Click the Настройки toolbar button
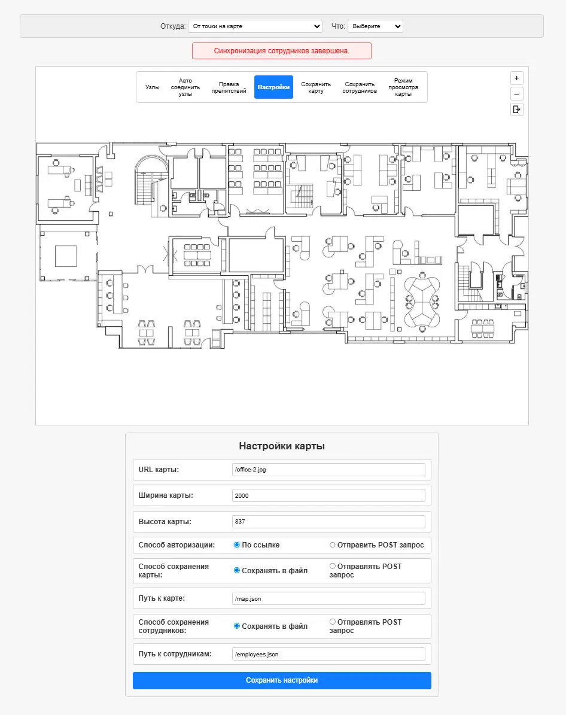(x=273, y=87)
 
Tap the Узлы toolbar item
(x=153, y=87)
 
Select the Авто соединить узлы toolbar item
(x=185, y=87)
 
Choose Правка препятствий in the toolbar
(x=229, y=87)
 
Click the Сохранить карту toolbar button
(x=316, y=87)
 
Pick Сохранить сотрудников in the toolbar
(x=360, y=87)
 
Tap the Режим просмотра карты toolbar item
(x=403, y=87)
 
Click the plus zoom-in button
(x=517, y=78)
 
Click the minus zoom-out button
(x=517, y=95)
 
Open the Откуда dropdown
(x=255, y=26)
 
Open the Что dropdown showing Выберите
(x=375, y=26)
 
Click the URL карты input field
(x=328, y=470)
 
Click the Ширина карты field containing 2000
(x=328, y=495)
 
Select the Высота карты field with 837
(x=328, y=522)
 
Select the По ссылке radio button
(x=237, y=545)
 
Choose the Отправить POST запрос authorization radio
(x=333, y=545)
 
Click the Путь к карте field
(x=328, y=599)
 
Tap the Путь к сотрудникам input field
(x=328, y=655)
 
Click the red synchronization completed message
(x=282, y=51)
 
